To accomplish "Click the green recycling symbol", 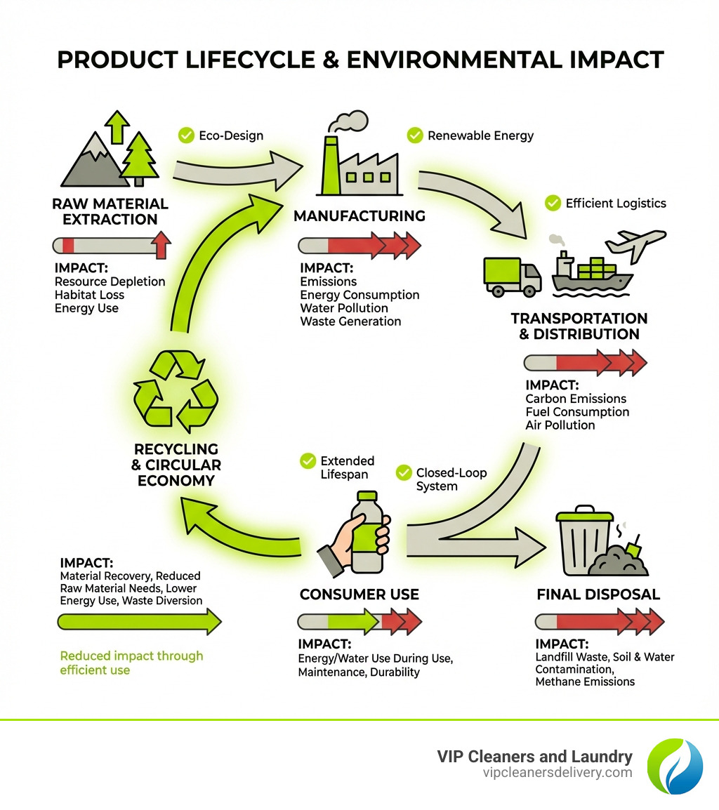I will click(176, 390).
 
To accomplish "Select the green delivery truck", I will click(512, 276).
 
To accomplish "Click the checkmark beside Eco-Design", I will click(186, 135).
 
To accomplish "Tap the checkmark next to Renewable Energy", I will click(415, 135).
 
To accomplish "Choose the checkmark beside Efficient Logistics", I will click(553, 203).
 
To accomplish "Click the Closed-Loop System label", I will click(441, 479).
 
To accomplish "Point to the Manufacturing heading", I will click(359, 215).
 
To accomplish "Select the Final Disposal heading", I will click(598, 595).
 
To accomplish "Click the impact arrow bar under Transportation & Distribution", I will click(584, 364).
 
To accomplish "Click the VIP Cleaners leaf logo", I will click(674, 766).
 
